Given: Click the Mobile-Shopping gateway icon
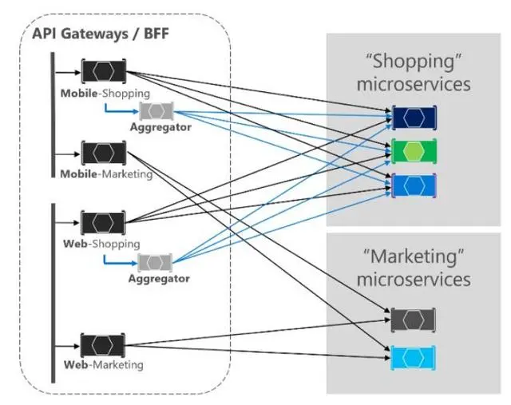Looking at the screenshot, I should point(103,71).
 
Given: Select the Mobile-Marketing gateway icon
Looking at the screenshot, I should point(104,153).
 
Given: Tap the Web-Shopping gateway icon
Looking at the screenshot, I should point(103,223).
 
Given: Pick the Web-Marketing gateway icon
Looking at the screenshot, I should point(103,346).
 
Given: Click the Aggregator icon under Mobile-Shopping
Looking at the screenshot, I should point(156,111).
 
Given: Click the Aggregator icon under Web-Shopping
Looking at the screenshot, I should point(155,262).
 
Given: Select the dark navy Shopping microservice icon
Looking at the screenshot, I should point(415,117).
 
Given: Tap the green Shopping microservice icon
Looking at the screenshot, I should point(415,152).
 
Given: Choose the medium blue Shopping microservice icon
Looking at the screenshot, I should point(415,185).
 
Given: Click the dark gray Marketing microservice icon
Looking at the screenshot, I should point(414,320).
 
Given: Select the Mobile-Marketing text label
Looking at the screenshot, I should point(105,174).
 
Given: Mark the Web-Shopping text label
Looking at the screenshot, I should point(101,244).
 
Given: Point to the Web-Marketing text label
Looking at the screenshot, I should point(104,365).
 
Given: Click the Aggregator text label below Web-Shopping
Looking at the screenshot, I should point(159,279).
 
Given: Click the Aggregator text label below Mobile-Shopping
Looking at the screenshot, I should point(160,127).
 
